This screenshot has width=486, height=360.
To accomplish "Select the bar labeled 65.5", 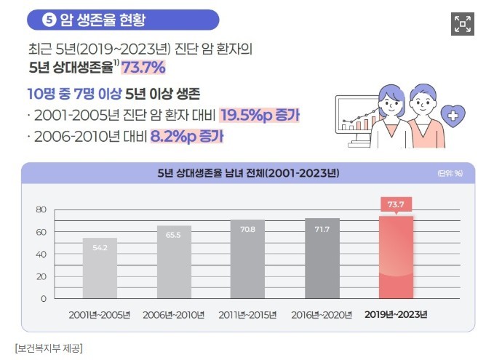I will coord(174,262).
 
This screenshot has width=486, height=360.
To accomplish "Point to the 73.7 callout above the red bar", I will coord(396,203).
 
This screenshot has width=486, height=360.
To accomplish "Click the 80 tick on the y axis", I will coord(41,210).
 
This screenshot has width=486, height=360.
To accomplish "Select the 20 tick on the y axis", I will coord(41,276).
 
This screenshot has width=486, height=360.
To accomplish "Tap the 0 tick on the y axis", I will coord(43,298).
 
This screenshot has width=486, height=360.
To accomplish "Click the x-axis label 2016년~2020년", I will coord(322,315).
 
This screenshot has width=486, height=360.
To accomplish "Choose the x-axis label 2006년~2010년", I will coord(174,315).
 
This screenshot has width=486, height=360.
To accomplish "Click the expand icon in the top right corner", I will coord(462,23).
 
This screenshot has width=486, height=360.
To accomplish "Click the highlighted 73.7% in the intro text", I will coord(143,68).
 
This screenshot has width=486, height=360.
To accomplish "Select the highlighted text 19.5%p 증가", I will coord(260,115).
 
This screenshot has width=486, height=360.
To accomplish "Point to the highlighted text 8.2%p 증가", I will coord(186,135).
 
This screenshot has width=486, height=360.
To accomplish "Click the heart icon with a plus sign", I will coord(455,116).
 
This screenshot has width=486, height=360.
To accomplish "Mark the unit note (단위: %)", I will coord(450,174).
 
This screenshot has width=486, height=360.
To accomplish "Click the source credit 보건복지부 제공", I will coord(49,348).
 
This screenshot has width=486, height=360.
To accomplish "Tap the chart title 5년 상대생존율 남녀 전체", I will coord(247,173).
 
